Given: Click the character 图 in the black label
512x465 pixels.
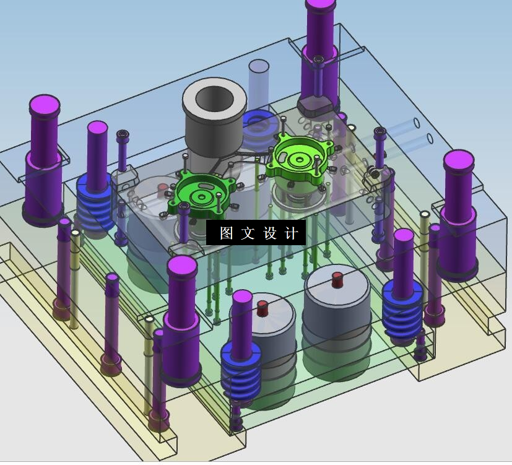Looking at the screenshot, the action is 227,233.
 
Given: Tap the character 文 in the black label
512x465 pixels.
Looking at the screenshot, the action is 248,233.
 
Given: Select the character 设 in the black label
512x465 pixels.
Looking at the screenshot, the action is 269,233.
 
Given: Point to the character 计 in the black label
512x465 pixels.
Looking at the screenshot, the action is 291,233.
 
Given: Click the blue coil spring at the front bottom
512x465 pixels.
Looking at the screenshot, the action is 241,372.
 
